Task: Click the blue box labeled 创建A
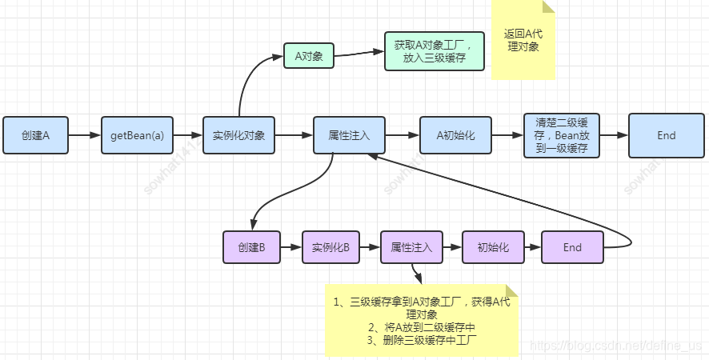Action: click(x=36, y=135)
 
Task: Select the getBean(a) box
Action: click(x=137, y=135)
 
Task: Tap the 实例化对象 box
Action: click(x=238, y=135)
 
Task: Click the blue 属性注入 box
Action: click(x=349, y=135)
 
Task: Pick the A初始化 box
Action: click(x=455, y=135)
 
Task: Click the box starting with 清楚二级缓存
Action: click(x=561, y=135)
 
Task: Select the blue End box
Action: click(x=666, y=135)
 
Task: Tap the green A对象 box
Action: click(x=308, y=56)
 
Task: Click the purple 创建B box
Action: click(x=250, y=247)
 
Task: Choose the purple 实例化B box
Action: click(x=330, y=247)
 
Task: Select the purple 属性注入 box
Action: click(x=411, y=247)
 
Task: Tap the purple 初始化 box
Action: click(x=492, y=247)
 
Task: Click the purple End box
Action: click(x=572, y=247)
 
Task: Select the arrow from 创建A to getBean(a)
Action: click(x=85, y=135)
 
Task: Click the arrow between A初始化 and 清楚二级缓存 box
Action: click(x=507, y=135)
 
